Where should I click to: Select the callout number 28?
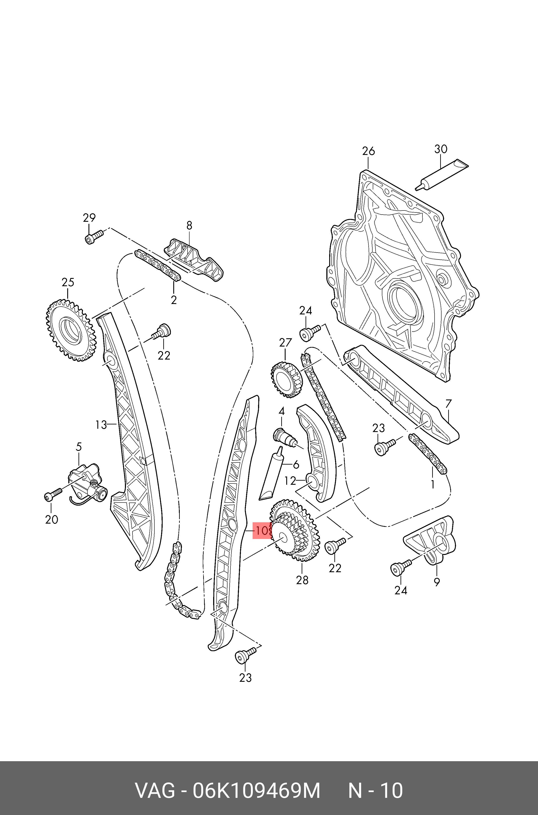click(x=302, y=580)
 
